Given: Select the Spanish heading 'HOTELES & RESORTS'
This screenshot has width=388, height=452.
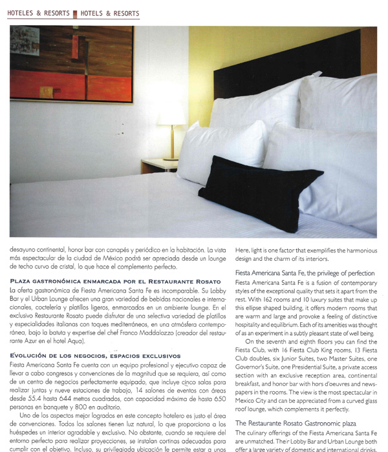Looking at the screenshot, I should click(39, 13).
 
